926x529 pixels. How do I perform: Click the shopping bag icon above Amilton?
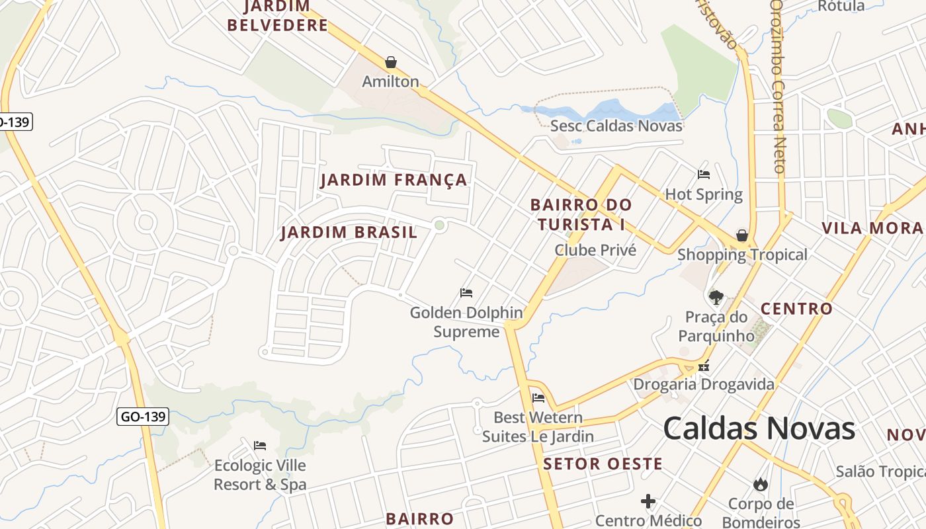coord(391,62)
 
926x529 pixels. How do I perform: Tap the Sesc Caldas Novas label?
coord(616,126)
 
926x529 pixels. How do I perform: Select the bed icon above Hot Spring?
coord(704,175)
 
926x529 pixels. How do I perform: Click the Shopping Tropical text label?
coord(742,255)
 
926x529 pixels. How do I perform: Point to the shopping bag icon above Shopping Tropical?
coord(742,235)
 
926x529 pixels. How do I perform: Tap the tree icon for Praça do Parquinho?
coord(716,297)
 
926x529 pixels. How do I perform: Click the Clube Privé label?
coord(595,250)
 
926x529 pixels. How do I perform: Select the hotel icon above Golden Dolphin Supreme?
coord(466,293)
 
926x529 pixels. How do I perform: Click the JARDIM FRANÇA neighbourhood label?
coord(394,180)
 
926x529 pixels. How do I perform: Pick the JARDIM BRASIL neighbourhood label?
coord(349,232)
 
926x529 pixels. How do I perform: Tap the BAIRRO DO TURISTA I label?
coord(581,215)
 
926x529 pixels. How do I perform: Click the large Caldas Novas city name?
coord(759,428)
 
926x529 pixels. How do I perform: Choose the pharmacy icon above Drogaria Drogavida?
coord(704,366)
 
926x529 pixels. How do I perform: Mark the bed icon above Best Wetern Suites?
coord(538,398)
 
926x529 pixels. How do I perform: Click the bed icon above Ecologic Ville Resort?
coord(260,446)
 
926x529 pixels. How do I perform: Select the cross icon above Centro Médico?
coord(648,501)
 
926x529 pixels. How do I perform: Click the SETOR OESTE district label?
coord(603,464)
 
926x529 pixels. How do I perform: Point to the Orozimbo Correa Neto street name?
coord(779,86)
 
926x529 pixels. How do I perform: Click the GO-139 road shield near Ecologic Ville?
coord(143,417)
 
